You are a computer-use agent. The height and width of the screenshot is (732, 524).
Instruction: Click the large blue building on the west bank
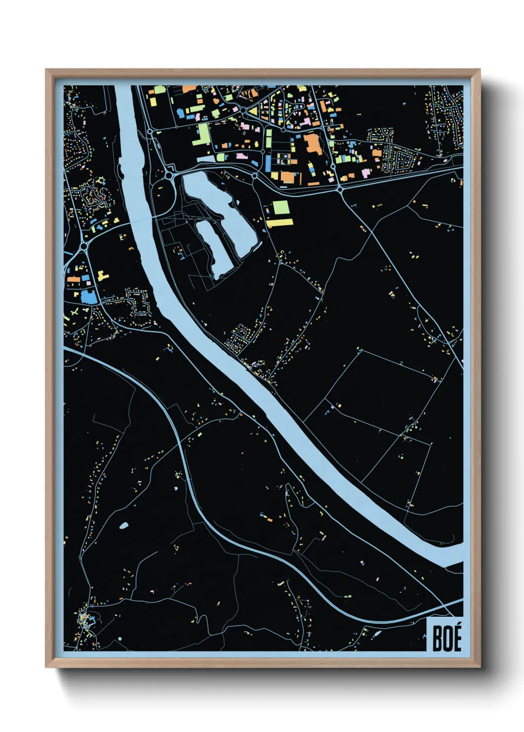click(x=89, y=297)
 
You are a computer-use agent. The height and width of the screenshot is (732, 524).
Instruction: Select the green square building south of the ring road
click(x=280, y=208)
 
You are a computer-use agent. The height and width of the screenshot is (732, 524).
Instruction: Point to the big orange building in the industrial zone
click(x=313, y=144)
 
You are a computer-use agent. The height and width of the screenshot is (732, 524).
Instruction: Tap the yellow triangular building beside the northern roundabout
click(x=253, y=112)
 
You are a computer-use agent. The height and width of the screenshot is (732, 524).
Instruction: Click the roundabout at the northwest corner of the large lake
click(x=170, y=175)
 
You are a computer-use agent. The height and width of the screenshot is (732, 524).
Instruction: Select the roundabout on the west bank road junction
click(x=84, y=246)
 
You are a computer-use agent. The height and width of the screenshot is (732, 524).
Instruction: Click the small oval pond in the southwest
click(x=123, y=525)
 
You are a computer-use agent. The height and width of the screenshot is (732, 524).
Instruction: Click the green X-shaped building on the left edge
click(x=75, y=313)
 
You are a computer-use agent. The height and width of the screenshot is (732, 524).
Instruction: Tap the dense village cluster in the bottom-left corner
click(x=85, y=620)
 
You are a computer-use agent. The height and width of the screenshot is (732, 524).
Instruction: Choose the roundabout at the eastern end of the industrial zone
click(x=340, y=189)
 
